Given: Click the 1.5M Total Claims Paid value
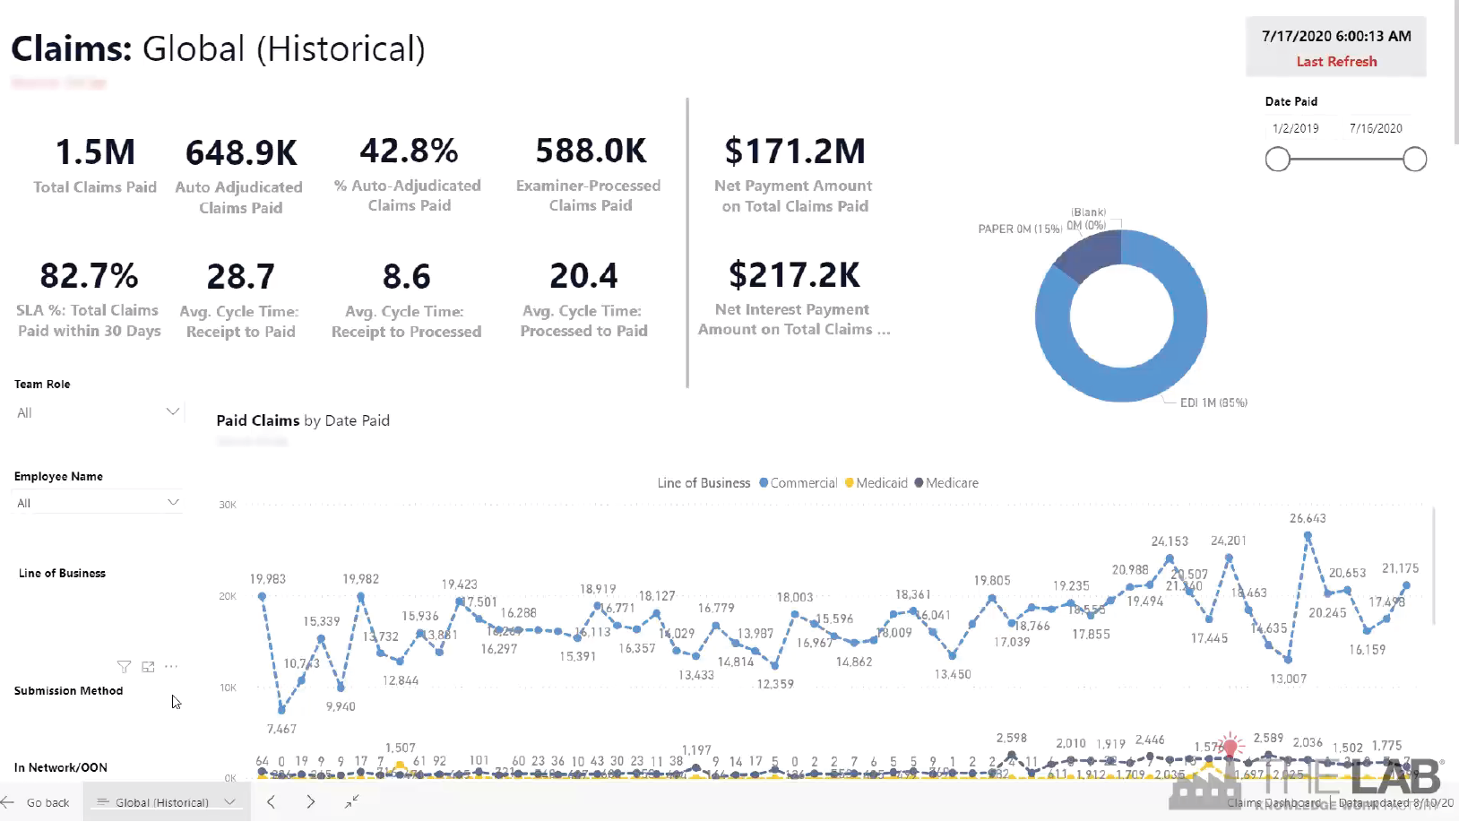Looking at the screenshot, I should pos(95,152).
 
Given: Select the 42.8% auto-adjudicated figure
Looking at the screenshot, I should pos(409,151).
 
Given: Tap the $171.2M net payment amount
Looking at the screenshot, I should pos(795,151).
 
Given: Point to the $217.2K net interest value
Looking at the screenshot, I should pos(794,275).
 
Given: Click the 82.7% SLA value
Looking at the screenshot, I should pos(89,275).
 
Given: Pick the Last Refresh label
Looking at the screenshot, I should pos(1336,62).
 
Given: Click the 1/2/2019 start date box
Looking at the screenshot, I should pos(1295,128).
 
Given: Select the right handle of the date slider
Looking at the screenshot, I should pos(1414,160).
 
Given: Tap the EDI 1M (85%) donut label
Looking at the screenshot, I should pos(1213,402).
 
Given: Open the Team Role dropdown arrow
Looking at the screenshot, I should pos(173,411).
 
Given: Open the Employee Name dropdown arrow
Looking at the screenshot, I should pos(173,502).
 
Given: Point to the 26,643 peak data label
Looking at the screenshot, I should pos(1308,518).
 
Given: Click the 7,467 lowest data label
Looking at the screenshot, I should pos(281,729).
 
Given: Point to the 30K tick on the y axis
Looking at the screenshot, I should pos(228,505).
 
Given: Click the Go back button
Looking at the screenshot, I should pos(38,802).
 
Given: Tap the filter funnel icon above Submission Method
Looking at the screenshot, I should pos(124,667).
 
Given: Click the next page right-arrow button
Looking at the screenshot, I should pos(310,801).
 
